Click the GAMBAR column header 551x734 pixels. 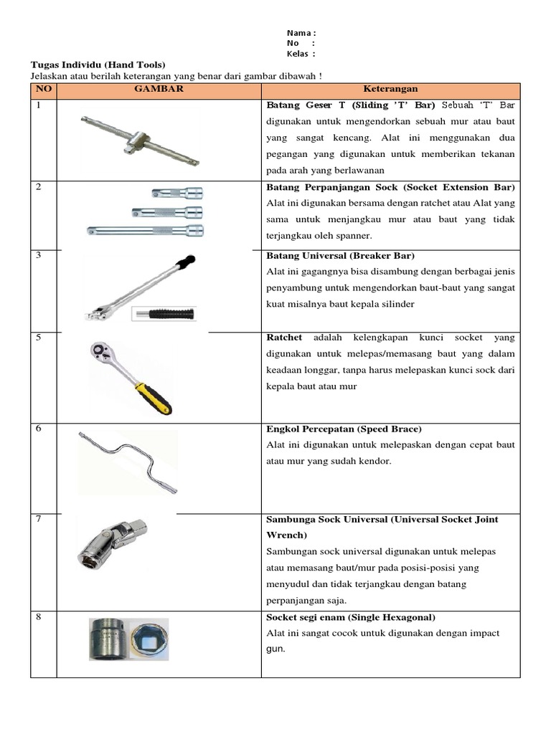[x=159, y=90]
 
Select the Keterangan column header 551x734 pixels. [x=390, y=90]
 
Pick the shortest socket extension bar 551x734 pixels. [x=178, y=192]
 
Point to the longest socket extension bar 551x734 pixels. [x=145, y=230]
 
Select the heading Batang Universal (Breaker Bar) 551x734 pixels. [x=340, y=256]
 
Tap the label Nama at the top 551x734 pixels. [x=299, y=33]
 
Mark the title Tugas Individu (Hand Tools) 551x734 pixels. [x=98, y=65]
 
